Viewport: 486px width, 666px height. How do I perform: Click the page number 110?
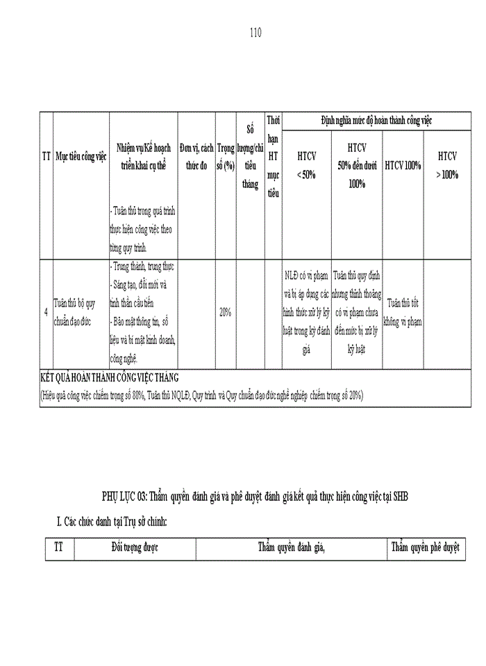255,33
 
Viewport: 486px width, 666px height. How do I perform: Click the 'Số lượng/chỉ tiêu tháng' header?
250,157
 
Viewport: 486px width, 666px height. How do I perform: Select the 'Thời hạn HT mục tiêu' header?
274,157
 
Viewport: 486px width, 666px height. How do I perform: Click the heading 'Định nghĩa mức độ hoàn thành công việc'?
377,120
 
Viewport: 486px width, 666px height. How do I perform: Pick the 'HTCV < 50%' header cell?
306,166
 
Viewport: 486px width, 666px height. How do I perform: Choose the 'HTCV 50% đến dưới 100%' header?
357,166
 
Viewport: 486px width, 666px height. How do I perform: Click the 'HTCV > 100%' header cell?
447,166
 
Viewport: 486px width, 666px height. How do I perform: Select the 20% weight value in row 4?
225,313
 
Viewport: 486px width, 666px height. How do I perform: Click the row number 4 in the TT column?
46,313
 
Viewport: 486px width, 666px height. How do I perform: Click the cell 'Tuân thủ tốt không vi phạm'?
404,313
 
